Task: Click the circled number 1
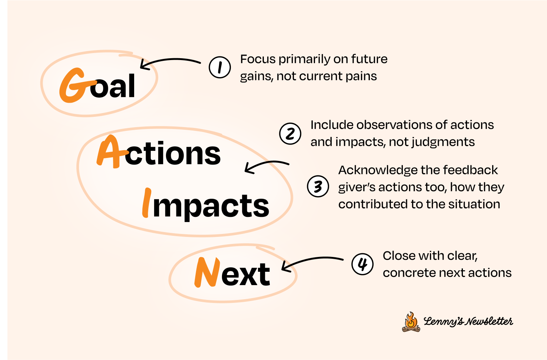tap(220, 67)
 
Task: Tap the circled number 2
tap(290, 133)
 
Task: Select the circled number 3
tap(318, 186)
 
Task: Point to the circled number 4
tap(362, 264)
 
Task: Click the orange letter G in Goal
tap(73, 86)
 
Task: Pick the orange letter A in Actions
tap(109, 152)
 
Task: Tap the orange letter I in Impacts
tap(147, 203)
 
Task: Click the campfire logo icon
tap(411, 321)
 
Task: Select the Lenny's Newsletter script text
tap(468, 321)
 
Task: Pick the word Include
tap(332, 125)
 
